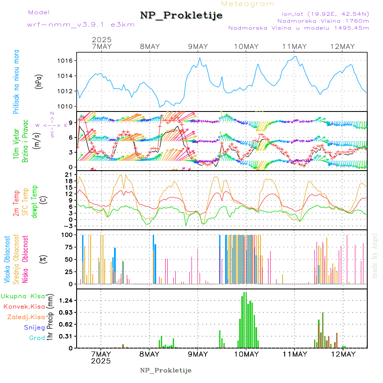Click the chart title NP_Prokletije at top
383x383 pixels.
coord(181,15)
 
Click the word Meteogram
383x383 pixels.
coord(248,4)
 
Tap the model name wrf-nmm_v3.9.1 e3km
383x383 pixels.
coord(81,24)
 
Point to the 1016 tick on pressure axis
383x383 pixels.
coord(66,61)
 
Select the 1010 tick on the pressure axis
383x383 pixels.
coord(66,106)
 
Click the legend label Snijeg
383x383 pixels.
coord(34,327)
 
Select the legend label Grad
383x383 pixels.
coord(37,338)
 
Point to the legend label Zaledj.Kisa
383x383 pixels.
coord(26,317)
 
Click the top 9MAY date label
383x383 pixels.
coord(197,46)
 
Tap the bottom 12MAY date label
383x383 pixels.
coord(343,354)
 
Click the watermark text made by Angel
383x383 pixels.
coord(374,255)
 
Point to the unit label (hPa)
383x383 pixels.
coord(39,81)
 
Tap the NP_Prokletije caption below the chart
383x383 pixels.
coord(166,370)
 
